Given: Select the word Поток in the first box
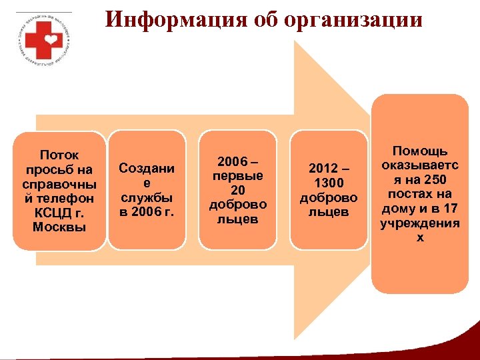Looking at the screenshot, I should (59, 155).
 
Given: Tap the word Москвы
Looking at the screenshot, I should (59, 228).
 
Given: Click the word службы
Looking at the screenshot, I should (146, 198).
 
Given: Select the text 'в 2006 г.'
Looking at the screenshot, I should (146, 212).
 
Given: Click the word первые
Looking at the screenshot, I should (237, 176).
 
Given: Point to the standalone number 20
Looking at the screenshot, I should (237, 191).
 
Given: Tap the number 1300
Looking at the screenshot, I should (329, 183).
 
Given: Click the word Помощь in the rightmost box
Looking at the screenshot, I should (419, 151).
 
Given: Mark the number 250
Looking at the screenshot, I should (436, 180).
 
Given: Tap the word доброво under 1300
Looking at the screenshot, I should (329, 198).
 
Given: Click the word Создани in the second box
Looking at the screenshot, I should (146, 169).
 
